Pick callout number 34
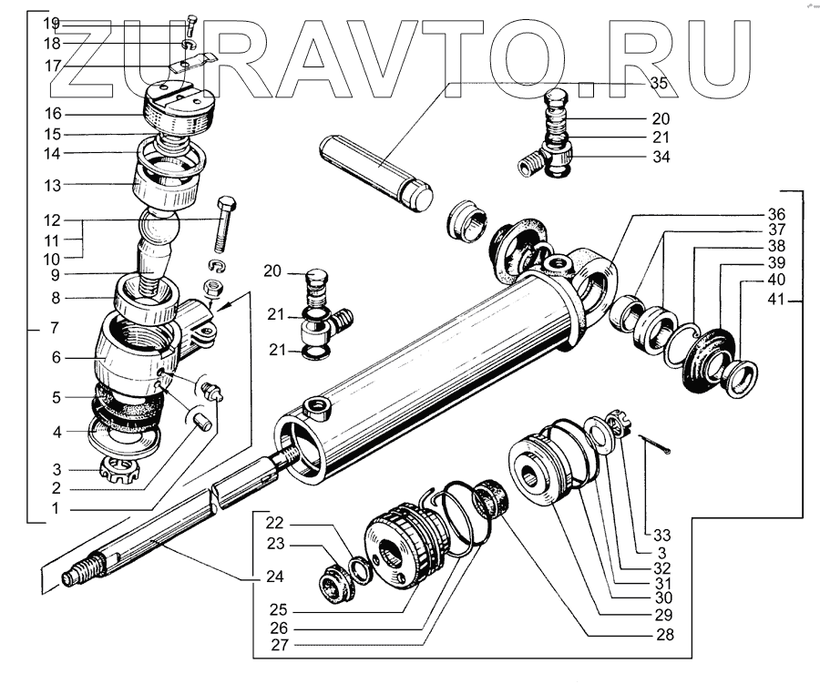click(660, 158)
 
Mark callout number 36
click(775, 215)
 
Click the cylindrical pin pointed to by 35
click(376, 169)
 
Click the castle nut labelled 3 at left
click(123, 470)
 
